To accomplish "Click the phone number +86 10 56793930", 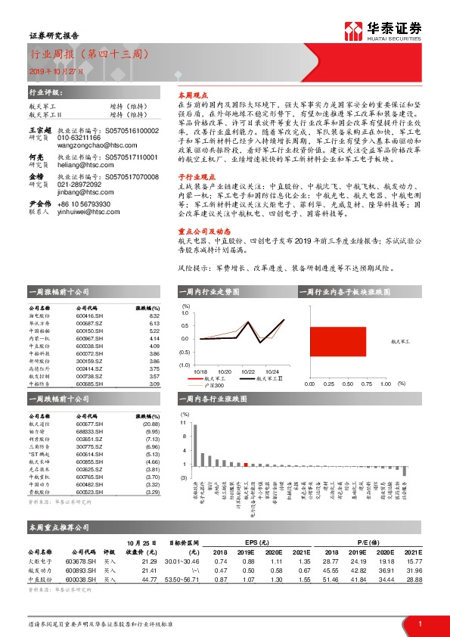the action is point(79,204).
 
